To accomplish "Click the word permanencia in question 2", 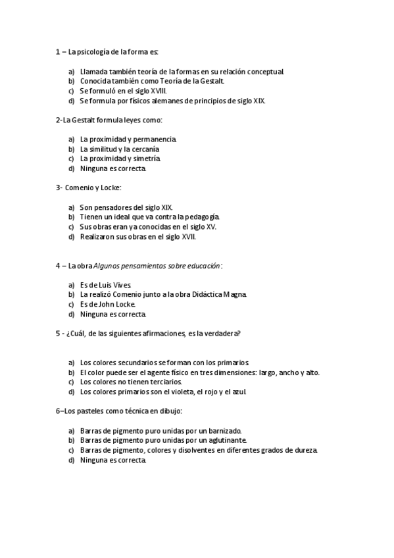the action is pyautogui.click(x=155, y=139).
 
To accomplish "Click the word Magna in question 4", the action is pyautogui.click(x=235, y=294).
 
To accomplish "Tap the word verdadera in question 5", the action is pyautogui.click(x=222, y=333).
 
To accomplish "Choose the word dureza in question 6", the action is pyautogui.click(x=305, y=450).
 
